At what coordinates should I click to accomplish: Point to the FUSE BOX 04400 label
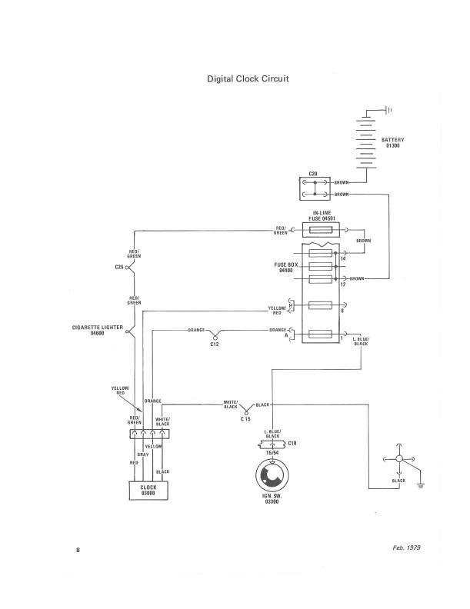287,268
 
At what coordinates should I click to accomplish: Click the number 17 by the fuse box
342,285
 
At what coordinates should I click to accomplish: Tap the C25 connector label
118,268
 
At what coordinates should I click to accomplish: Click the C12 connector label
215,345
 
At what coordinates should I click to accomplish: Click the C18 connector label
292,444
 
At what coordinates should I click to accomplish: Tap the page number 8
78,551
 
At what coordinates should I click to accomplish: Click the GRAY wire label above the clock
143,454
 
